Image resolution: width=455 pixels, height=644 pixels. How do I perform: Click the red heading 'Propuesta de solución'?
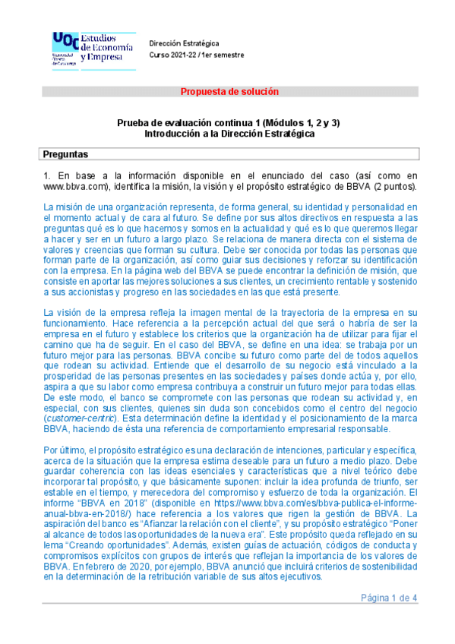pyautogui.click(x=229, y=92)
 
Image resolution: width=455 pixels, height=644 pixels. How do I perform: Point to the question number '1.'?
pyautogui.click(x=46, y=175)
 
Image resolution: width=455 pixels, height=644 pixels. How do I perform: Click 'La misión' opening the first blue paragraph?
pyautogui.click(x=62, y=207)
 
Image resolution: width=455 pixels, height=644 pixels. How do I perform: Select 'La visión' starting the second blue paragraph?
pyautogui.click(x=62, y=313)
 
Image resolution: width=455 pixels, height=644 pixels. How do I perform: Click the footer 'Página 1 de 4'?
pyautogui.click(x=389, y=598)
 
